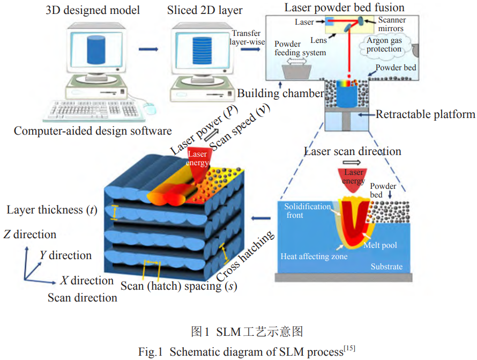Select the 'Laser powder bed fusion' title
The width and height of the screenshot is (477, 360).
point(344,8)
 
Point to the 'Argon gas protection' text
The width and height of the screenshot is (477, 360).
point(384,45)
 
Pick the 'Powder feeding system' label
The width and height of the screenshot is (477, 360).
point(300,48)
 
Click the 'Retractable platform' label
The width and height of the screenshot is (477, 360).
point(425,114)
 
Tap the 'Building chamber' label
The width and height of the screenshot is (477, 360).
point(280,93)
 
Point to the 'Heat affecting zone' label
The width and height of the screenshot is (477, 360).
point(314,256)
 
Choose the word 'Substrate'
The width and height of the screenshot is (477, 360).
point(386,267)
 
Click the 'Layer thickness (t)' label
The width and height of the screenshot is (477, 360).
point(51,210)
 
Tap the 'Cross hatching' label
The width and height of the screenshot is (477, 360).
point(247,256)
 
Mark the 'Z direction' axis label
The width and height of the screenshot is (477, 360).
point(29,234)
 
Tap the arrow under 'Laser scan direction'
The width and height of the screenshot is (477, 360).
point(353,161)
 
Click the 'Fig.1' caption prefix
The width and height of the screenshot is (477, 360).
point(151,352)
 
